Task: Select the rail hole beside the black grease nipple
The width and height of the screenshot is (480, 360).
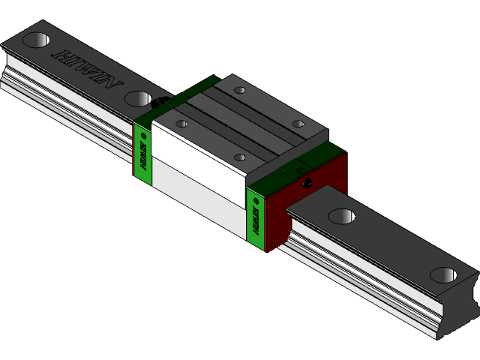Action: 138,97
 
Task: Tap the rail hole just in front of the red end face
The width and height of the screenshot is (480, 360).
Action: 342,216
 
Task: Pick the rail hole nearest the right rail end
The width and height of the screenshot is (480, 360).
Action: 444,274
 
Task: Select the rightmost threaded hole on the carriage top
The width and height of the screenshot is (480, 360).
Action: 298,124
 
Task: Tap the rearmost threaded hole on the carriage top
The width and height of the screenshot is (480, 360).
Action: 239,91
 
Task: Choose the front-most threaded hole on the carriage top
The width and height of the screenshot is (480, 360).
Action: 240,157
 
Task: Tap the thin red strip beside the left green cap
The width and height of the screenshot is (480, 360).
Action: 135,150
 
